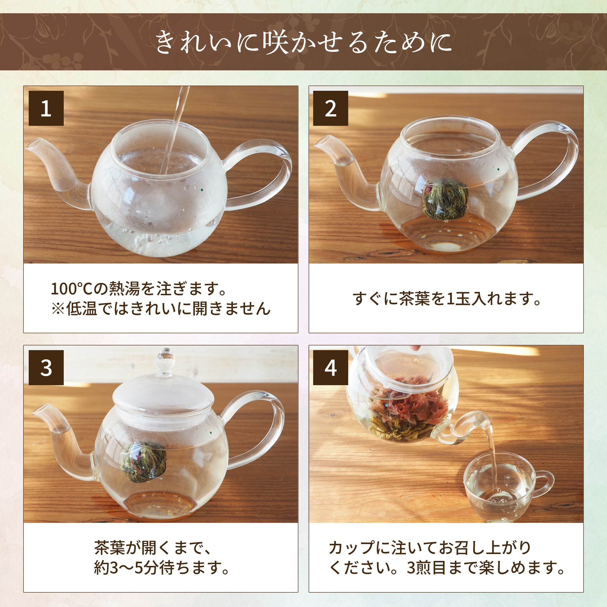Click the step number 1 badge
(x=46, y=108)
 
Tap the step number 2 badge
(x=331, y=108)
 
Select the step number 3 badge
(x=46, y=368)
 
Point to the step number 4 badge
(x=331, y=368)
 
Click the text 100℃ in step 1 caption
(x=72, y=289)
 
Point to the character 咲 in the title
(x=276, y=42)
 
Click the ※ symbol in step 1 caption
(x=58, y=309)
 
